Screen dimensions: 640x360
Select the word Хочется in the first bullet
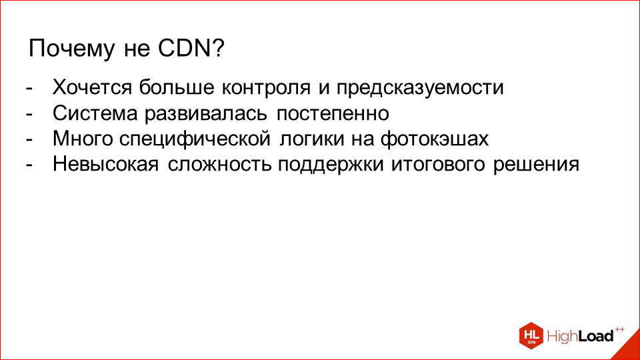pyautogui.click(x=92, y=87)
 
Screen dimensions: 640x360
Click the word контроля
pyautogui.click(x=266, y=87)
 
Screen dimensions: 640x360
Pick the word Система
pyautogui.click(x=95, y=113)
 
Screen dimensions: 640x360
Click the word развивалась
pyautogui.click(x=206, y=114)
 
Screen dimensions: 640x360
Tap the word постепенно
pyautogui.click(x=333, y=114)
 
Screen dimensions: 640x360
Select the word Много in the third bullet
pyautogui.click(x=83, y=139)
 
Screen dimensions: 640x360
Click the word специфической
pyautogui.click(x=195, y=139)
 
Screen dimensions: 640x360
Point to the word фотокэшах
pyautogui.click(x=434, y=139)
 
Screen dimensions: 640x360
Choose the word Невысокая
pyautogui.click(x=106, y=165)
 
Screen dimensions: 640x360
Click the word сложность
pyautogui.click(x=219, y=165)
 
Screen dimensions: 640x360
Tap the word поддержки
pyautogui.click(x=331, y=165)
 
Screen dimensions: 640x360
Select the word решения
pyautogui.click(x=536, y=165)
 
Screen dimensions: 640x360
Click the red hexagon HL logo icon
pyautogui.click(x=531, y=335)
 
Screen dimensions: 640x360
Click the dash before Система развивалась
pyautogui.click(x=29, y=115)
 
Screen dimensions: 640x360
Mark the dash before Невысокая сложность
pyautogui.click(x=29, y=166)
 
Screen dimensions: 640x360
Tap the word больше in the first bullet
pyautogui.click(x=176, y=87)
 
